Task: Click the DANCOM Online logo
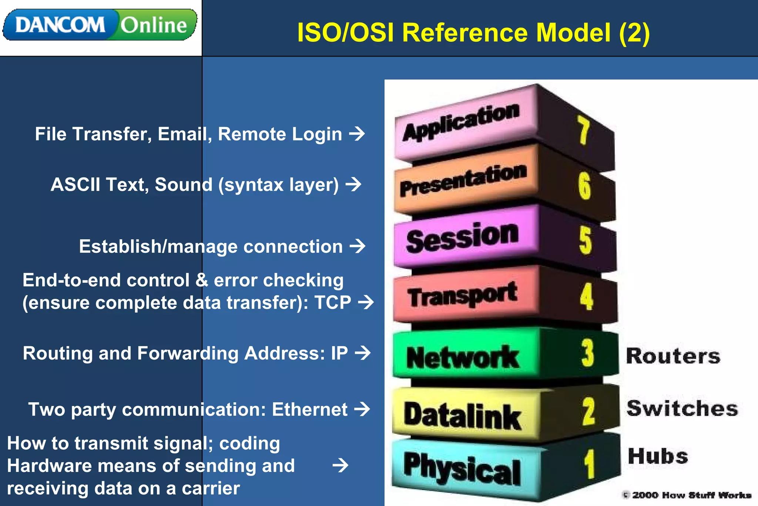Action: tap(100, 25)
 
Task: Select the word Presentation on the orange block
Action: tap(463, 180)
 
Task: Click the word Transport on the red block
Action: tap(462, 295)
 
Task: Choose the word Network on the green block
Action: tap(462, 357)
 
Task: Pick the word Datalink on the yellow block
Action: tap(462, 416)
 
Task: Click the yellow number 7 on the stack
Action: tap(583, 130)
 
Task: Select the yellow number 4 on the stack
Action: tap(586, 296)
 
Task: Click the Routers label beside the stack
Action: tap(673, 356)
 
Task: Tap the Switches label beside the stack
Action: tap(682, 408)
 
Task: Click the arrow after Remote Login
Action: tap(357, 134)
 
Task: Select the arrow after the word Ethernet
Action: tap(362, 409)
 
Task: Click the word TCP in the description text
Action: tap(332, 302)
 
